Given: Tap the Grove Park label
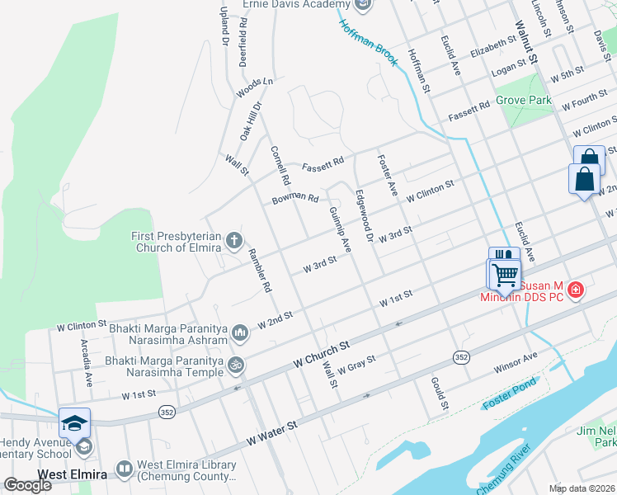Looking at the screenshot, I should point(523,101).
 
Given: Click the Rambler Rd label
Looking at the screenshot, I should point(261,271).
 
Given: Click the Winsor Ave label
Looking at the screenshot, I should point(516,361).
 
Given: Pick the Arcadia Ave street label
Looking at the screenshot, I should point(85,363).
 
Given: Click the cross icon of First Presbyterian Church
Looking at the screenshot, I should point(234,241).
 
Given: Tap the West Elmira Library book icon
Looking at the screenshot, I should point(125,469).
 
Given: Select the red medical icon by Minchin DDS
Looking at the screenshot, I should point(576,290).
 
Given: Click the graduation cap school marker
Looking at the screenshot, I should point(74,423).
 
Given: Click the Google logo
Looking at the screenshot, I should point(28,485).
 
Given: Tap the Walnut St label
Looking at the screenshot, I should point(526,43).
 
